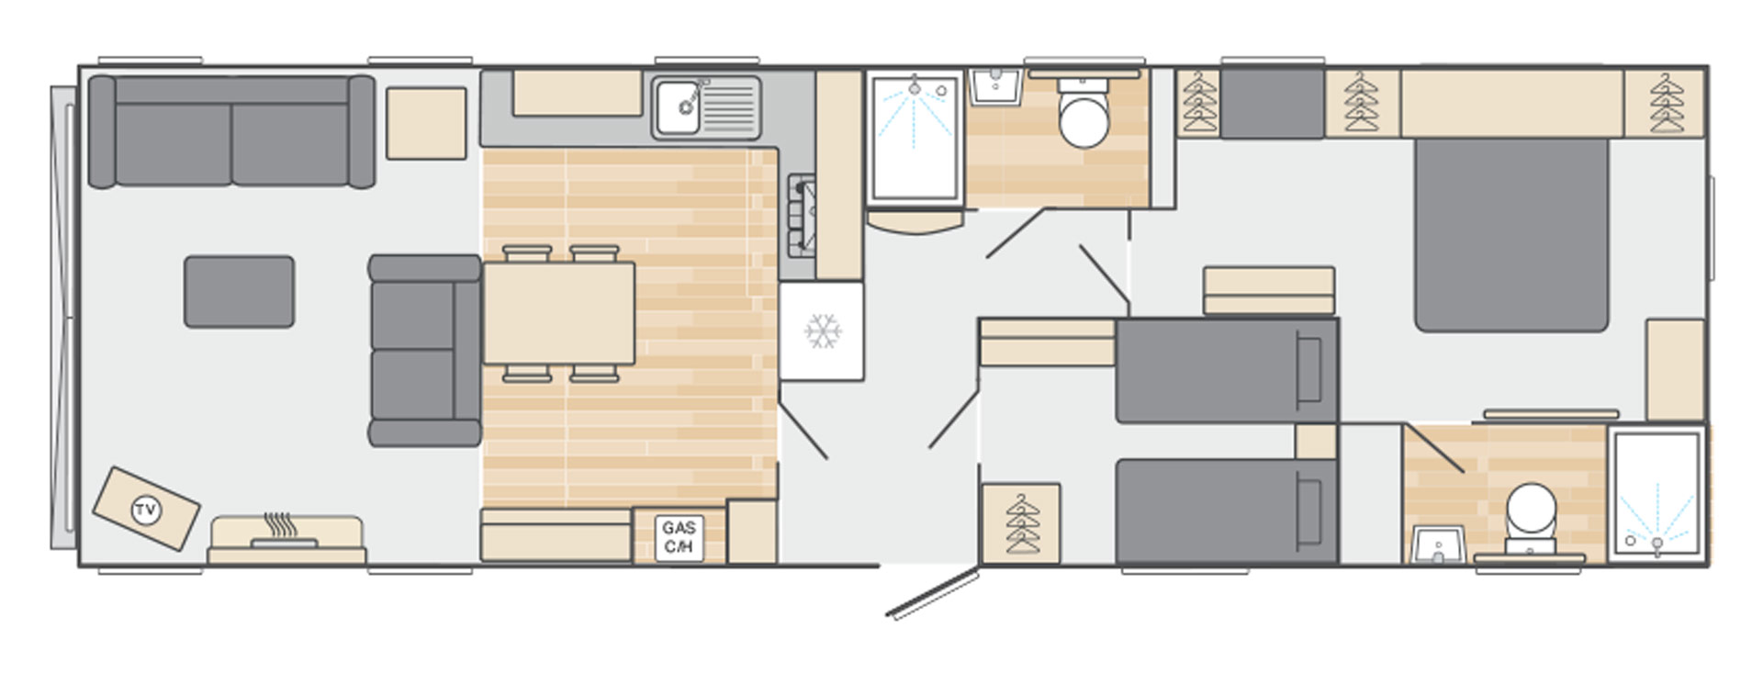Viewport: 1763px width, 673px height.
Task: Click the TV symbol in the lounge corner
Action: click(x=145, y=510)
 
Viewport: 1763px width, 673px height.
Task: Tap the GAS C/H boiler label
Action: click(x=679, y=537)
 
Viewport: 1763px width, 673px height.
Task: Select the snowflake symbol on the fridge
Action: click(x=823, y=331)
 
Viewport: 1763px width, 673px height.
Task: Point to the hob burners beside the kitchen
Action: click(x=801, y=216)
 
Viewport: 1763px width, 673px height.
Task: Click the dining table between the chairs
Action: click(x=558, y=313)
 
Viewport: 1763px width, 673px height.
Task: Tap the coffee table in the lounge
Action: click(x=239, y=292)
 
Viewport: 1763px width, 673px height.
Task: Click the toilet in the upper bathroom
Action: click(x=1084, y=114)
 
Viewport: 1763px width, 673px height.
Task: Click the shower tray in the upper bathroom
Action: click(x=915, y=138)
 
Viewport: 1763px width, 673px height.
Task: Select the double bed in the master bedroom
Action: click(x=1511, y=235)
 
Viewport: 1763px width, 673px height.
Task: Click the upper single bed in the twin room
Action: click(x=1227, y=371)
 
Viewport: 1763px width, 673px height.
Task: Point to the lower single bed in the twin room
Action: click(x=1227, y=511)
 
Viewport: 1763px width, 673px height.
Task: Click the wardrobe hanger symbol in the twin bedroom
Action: click(x=1021, y=523)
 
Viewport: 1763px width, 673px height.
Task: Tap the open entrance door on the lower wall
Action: click(x=931, y=593)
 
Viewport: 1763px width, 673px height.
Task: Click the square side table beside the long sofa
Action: click(x=426, y=124)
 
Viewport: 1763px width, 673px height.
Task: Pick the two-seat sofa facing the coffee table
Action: click(x=425, y=351)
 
